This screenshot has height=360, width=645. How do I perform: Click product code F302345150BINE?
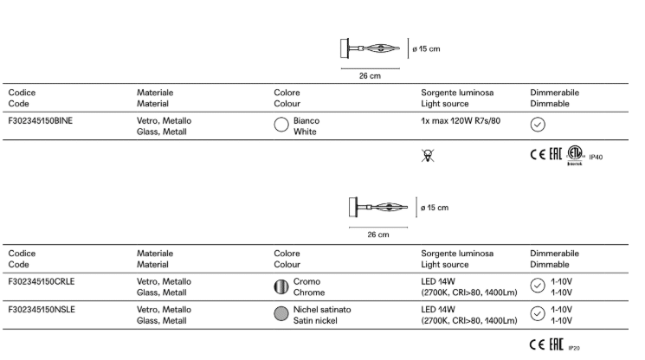point(41,120)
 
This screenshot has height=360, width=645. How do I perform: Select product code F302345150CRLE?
point(42,281)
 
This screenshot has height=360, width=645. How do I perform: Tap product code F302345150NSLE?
point(42,309)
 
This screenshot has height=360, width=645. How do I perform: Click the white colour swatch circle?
point(281,125)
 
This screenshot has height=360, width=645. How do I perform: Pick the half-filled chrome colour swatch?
point(281,286)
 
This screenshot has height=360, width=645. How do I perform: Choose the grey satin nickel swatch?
point(281,314)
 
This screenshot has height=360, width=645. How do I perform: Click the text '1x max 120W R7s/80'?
point(461,120)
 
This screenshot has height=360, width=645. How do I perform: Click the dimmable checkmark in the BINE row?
point(538,125)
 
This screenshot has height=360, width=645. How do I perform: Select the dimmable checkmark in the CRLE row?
point(538,286)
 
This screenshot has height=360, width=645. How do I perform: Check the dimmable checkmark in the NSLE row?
point(538,314)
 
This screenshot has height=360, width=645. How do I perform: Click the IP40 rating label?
point(596,157)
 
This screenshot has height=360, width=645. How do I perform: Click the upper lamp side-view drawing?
point(373,49)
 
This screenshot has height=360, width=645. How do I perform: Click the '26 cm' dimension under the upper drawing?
point(370,75)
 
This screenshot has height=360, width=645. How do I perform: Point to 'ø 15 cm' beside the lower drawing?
point(435,208)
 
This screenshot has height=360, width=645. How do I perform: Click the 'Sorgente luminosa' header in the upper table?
point(457,92)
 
